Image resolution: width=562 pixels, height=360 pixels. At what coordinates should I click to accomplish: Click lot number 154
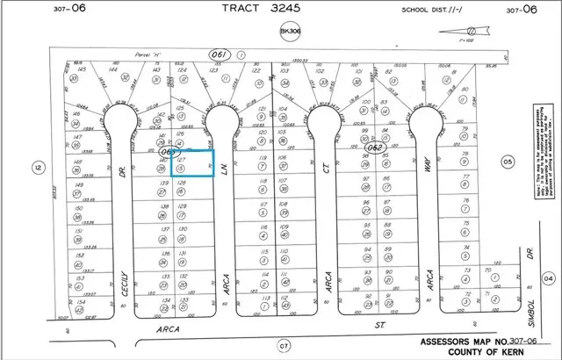click(80, 301)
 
